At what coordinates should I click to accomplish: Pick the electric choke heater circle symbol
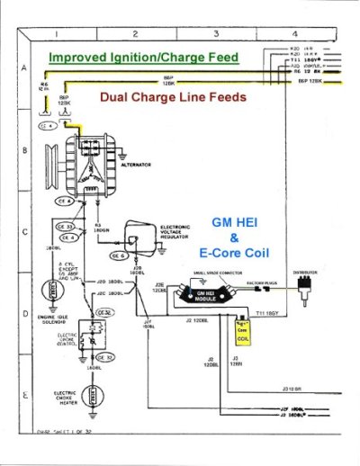90,397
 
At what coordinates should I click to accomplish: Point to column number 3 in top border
218,34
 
